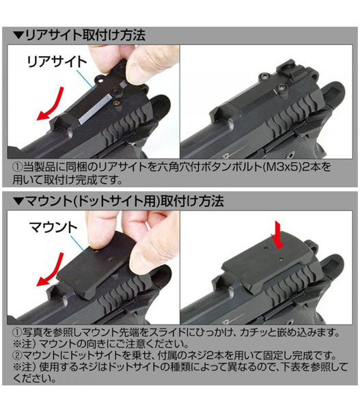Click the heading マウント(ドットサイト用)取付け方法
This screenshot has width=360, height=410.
click(x=125, y=201)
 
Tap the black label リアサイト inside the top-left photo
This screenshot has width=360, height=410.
click(x=57, y=62)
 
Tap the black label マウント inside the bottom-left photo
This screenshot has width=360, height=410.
click(x=53, y=228)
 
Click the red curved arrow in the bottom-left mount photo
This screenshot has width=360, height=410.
click(x=50, y=270)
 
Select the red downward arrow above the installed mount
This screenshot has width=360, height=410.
click(x=277, y=234)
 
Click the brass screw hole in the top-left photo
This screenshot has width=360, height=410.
click(x=117, y=102)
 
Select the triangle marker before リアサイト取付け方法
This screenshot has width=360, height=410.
click(x=18, y=36)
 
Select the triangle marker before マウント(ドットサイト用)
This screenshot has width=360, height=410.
click(x=18, y=201)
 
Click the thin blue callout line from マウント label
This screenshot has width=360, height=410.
click(x=79, y=243)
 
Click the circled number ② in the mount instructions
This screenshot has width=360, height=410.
click(x=17, y=355)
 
